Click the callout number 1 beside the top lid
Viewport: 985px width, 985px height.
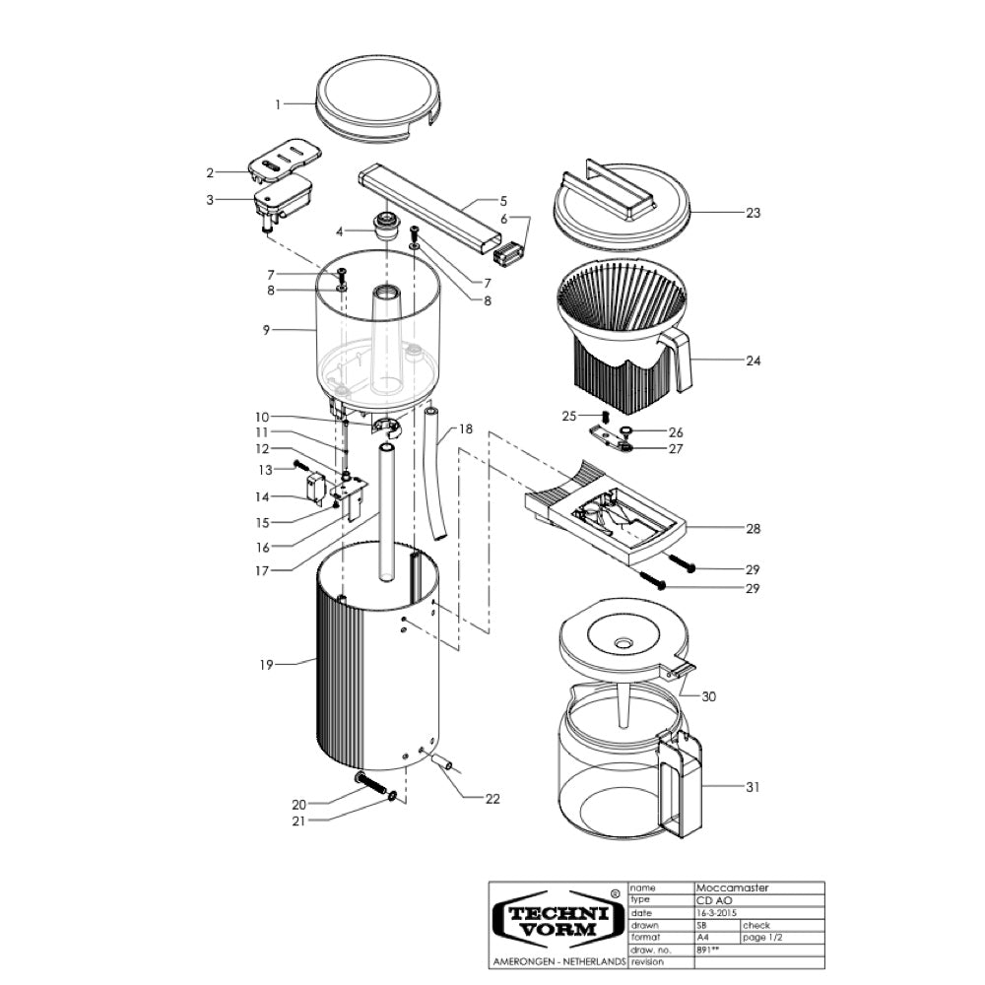pyautogui.click(x=278, y=105)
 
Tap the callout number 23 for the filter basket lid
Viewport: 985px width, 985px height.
pyautogui.click(x=754, y=213)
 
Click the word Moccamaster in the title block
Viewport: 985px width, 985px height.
pyautogui.click(x=732, y=887)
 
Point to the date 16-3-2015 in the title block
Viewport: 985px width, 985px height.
pyautogui.click(x=716, y=913)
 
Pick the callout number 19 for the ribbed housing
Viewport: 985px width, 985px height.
pyautogui.click(x=266, y=665)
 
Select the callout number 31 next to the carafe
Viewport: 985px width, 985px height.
pyautogui.click(x=753, y=786)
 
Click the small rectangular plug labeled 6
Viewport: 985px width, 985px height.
pyautogui.click(x=507, y=256)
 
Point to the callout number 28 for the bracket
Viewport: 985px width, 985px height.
pyautogui.click(x=754, y=528)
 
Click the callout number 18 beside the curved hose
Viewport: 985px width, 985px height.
pyautogui.click(x=466, y=429)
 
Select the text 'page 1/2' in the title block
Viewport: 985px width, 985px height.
pyautogui.click(x=762, y=938)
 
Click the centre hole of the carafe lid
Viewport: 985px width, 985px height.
pyautogui.click(x=624, y=643)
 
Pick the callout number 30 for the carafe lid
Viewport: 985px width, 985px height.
pyautogui.click(x=708, y=696)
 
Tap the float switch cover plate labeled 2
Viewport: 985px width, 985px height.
pyautogui.click(x=285, y=157)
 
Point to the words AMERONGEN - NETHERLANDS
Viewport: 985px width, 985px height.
pyautogui.click(x=559, y=961)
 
